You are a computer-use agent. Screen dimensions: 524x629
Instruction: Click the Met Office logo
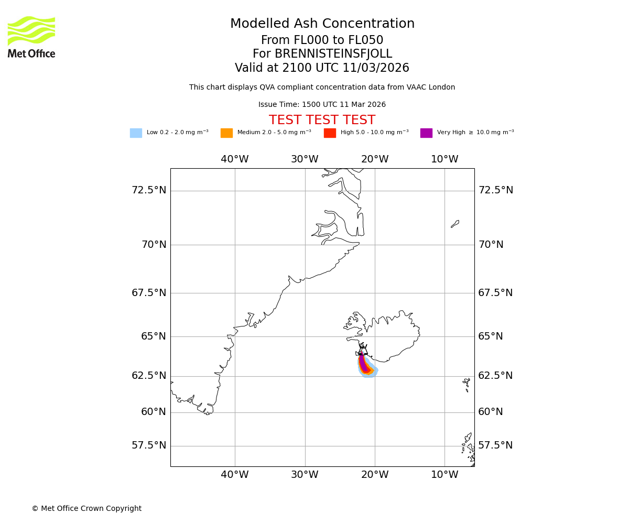[31, 37]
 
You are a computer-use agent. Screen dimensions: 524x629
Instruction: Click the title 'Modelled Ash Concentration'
[322, 24]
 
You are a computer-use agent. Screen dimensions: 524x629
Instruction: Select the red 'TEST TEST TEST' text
[322, 120]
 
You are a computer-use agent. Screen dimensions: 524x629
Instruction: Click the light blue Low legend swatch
[136, 133]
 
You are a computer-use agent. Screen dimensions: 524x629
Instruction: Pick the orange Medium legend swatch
[226, 133]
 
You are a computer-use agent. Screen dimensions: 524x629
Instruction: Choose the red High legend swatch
[330, 133]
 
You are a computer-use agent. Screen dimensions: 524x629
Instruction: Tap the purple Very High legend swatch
[426, 133]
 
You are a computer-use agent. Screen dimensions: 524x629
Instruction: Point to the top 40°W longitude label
[234, 159]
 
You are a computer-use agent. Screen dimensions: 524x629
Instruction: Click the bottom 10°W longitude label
[444, 475]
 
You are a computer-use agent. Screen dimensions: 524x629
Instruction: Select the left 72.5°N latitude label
[149, 190]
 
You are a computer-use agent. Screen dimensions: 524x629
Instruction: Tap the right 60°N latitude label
[491, 412]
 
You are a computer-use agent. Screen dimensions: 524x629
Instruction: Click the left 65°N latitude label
[153, 336]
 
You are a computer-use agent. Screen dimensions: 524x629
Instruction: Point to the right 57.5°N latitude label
[495, 445]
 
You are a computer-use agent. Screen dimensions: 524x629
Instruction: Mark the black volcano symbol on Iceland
[363, 348]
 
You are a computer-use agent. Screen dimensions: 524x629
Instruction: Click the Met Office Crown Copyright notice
[86, 508]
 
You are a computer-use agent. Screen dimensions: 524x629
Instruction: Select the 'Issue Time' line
[322, 105]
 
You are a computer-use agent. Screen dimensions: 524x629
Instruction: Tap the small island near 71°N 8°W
[455, 224]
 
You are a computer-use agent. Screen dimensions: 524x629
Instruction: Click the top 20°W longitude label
[375, 159]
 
